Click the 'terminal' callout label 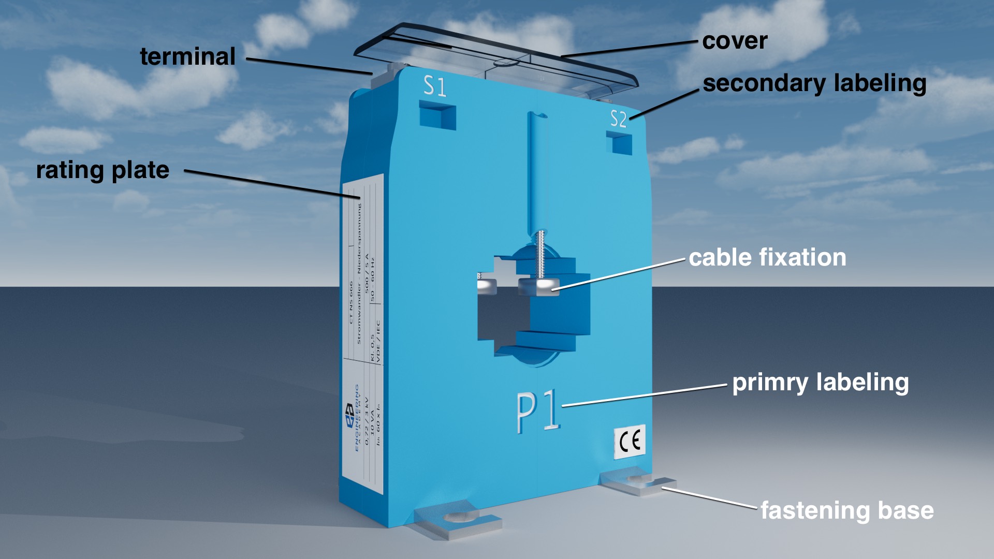[x=187, y=56]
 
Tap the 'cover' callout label [x=735, y=41]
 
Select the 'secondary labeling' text [x=814, y=83]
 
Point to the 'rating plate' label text [x=103, y=170]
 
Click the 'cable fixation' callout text [x=767, y=257]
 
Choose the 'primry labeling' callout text [x=821, y=383]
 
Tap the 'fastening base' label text [x=847, y=510]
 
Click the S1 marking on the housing [x=435, y=86]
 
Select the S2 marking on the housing [x=618, y=119]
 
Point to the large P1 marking [x=538, y=411]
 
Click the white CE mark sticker [x=630, y=442]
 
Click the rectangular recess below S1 [x=437, y=115]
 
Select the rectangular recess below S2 [x=620, y=142]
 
